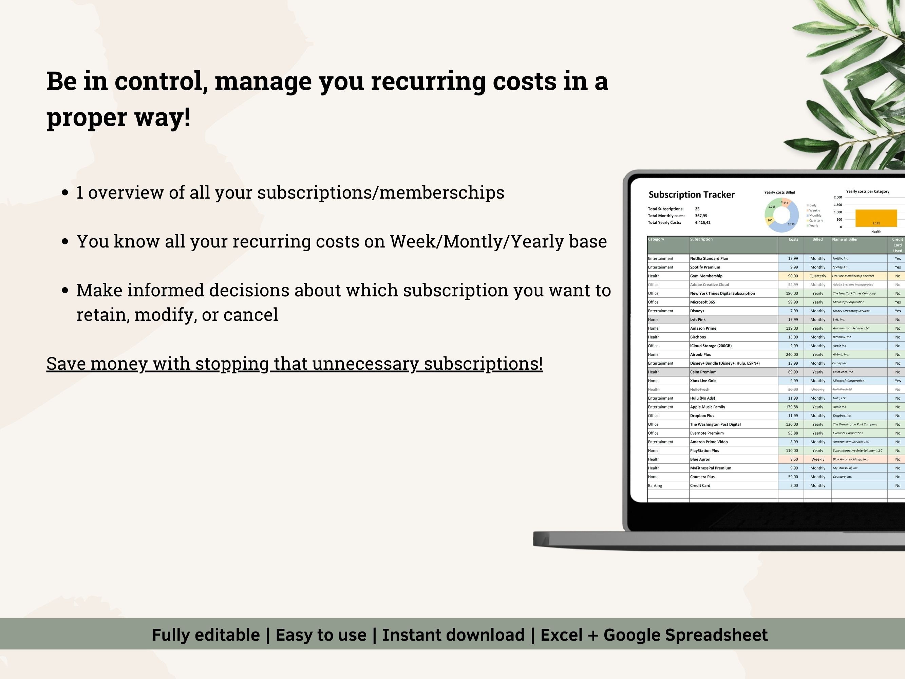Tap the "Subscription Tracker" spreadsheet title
[692, 195]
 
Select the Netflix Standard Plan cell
[709, 259]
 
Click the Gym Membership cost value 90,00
[793, 276]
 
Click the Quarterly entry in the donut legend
[816, 221]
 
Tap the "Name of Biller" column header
[845, 239]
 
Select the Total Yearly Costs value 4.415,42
[702, 223]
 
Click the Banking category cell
[655, 486]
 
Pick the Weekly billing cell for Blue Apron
[817, 460]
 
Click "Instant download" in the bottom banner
[453, 635]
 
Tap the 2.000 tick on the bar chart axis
[837, 197]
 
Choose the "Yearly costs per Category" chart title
[867, 191]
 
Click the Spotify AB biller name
[840, 268]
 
